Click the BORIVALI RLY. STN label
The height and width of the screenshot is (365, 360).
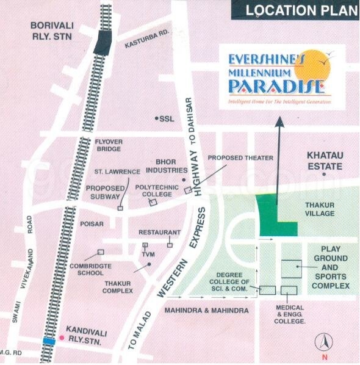52,30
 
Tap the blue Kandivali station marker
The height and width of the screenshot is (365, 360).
49,341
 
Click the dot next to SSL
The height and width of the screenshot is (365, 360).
156,118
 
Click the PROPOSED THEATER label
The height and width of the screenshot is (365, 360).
240,157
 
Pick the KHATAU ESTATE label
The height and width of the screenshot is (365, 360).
325,161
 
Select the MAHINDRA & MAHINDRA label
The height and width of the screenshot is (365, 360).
206,311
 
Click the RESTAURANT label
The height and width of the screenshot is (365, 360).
159,233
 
